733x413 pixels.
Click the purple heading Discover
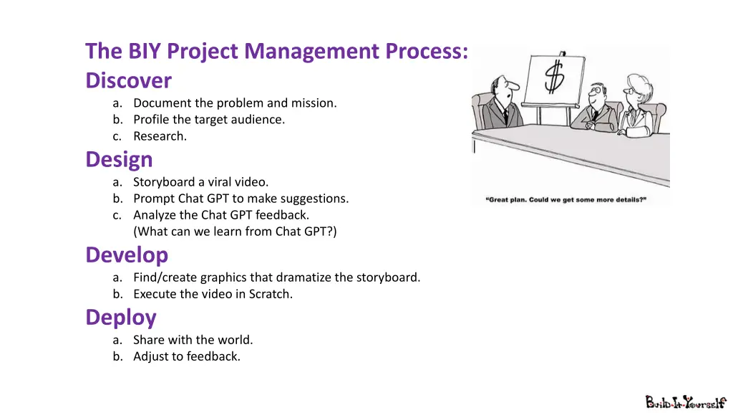128,80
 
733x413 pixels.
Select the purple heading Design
119,159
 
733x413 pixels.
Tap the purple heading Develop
127,255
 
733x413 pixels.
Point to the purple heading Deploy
121,317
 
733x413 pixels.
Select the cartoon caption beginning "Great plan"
566,200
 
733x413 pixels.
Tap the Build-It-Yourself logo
686,402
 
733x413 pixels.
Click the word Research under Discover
160,136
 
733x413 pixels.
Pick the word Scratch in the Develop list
269,293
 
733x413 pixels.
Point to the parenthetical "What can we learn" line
235,231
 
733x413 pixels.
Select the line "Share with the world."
193,340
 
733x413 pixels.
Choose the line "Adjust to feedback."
186,356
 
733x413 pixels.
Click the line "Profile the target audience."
208,120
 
